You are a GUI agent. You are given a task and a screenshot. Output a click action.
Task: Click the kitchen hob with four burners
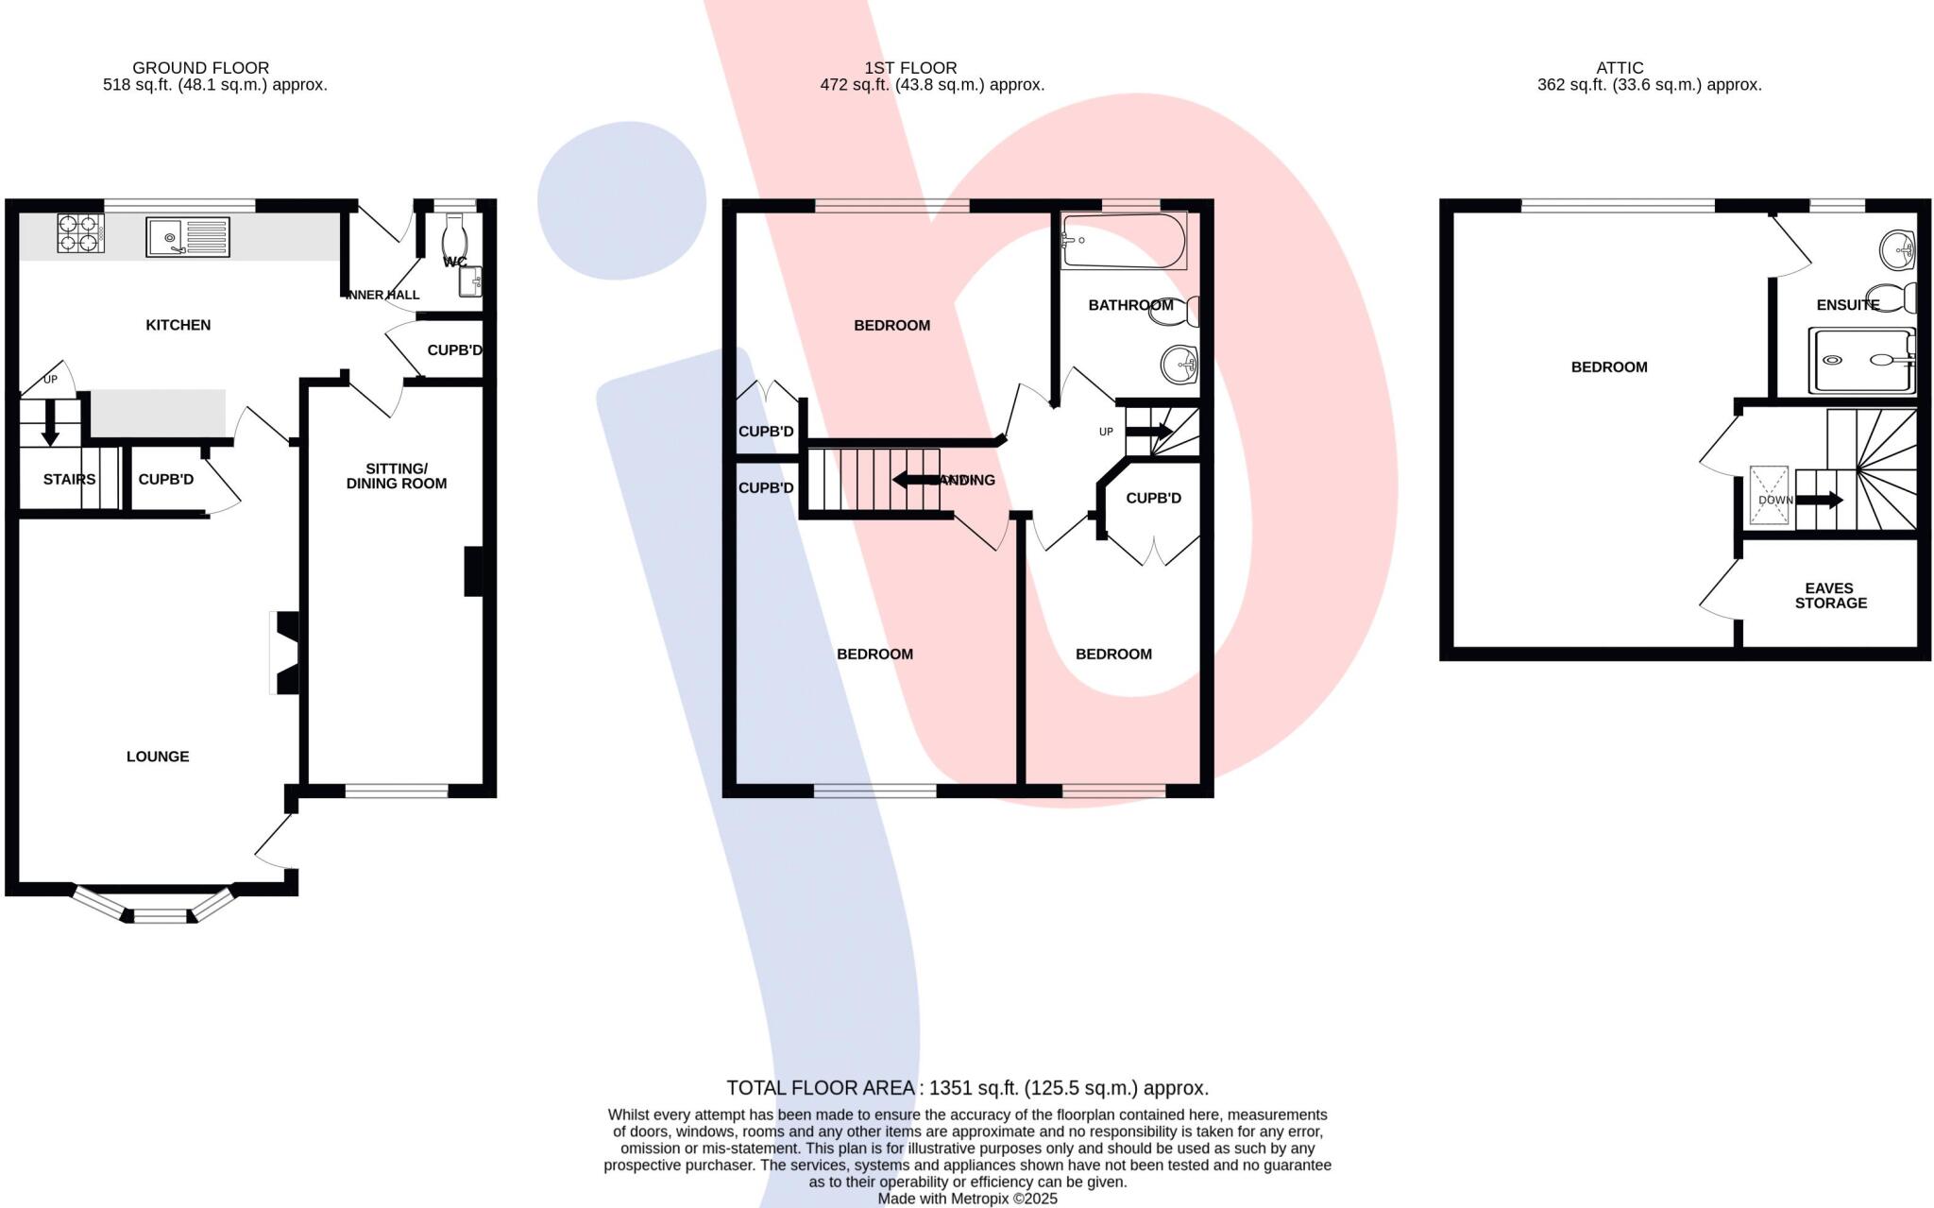click(x=80, y=233)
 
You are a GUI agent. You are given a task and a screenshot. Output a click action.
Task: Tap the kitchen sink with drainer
click(x=187, y=237)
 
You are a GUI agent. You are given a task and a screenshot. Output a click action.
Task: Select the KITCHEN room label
click(x=178, y=325)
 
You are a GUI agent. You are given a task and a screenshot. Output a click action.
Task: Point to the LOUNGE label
click(x=158, y=757)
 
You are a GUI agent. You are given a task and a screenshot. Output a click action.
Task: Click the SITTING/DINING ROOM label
click(x=397, y=476)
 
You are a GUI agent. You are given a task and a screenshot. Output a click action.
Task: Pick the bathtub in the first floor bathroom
click(x=1123, y=242)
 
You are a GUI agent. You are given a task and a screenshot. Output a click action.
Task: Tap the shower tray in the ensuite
click(x=1861, y=360)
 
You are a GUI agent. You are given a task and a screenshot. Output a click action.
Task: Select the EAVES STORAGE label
click(x=1830, y=595)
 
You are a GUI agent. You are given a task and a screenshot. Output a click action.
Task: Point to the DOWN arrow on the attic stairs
click(x=1819, y=500)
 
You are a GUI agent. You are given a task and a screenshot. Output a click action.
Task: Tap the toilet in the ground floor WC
click(x=452, y=236)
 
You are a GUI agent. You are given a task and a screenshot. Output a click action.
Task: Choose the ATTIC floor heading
click(x=1620, y=68)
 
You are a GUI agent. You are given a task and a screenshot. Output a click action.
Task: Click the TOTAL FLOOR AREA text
click(x=967, y=1088)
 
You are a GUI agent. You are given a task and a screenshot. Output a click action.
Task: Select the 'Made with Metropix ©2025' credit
click(x=967, y=1199)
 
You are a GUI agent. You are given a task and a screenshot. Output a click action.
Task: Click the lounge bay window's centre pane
click(x=161, y=915)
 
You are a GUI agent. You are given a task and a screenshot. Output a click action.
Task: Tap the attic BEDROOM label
click(x=1608, y=367)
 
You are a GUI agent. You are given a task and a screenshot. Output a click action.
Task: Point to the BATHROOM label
click(x=1130, y=305)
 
